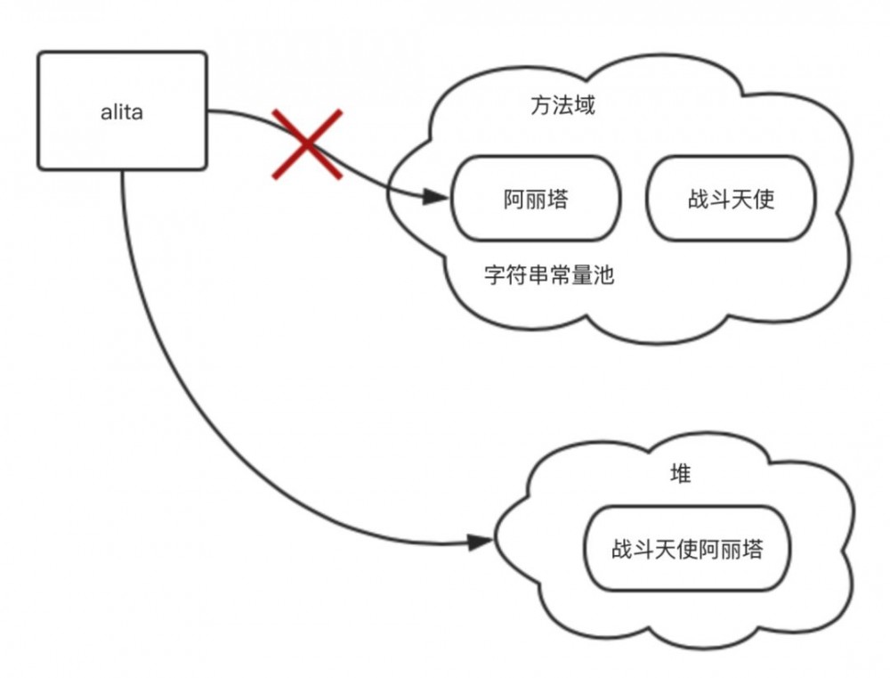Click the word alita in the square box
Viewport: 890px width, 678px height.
coord(122,113)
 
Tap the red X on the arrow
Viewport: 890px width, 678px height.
coord(307,144)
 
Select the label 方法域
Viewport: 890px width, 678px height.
coord(562,106)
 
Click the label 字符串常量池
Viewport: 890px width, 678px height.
coord(549,274)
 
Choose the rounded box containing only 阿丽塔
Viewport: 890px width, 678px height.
coord(535,199)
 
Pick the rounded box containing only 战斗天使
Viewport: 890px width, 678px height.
coord(731,199)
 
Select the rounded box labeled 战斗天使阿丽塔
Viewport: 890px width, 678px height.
coord(686,548)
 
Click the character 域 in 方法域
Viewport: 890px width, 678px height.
coord(584,106)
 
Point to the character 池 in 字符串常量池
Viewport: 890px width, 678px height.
coord(603,274)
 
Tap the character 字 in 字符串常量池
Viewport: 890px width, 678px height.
coord(495,274)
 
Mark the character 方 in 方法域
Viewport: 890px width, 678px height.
coord(541,106)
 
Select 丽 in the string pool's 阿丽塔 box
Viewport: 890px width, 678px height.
coord(535,199)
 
